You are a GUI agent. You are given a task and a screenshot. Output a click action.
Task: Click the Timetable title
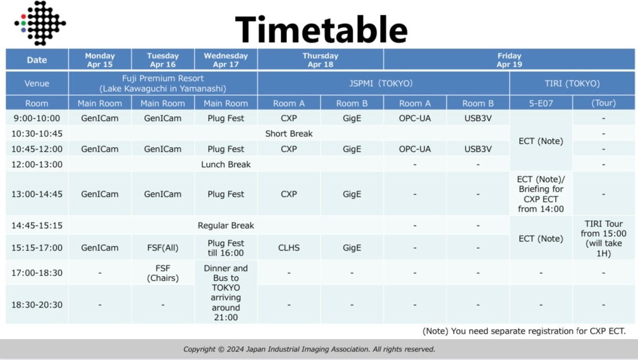coord(321,29)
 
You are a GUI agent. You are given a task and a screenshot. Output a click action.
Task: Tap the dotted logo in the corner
coord(40,23)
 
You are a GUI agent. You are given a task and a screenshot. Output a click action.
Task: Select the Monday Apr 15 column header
coord(100,60)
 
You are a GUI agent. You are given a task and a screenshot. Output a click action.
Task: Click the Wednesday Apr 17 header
coord(226,60)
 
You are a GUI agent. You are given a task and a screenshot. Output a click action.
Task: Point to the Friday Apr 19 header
coord(509,60)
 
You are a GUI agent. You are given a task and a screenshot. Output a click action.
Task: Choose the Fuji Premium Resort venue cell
coord(163,83)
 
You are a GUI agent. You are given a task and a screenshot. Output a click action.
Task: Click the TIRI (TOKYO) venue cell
coord(572,83)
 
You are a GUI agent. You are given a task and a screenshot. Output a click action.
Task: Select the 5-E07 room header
coord(541,103)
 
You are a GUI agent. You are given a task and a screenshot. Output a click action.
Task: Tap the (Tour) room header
coord(603,103)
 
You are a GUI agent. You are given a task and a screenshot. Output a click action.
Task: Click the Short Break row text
coord(289,134)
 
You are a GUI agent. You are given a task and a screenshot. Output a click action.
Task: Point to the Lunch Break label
coord(226,164)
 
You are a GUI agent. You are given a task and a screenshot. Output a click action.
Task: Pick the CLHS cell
coord(289,248)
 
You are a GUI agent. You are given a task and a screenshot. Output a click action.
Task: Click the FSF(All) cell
coord(163,248)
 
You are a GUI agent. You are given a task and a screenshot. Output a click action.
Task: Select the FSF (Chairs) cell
coord(163,273)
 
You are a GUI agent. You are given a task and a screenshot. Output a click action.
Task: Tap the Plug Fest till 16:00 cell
coord(226,248)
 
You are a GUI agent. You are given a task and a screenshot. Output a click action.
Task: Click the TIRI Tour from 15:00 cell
coord(603,238)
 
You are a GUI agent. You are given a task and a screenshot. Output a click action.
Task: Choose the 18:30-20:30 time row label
coord(37,305)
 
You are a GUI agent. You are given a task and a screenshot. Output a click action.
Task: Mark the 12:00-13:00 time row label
coord(37,164)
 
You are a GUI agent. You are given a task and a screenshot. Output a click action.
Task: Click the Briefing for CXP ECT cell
coord(541,194)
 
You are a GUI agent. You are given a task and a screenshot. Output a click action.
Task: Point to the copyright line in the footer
coord(309,349)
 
